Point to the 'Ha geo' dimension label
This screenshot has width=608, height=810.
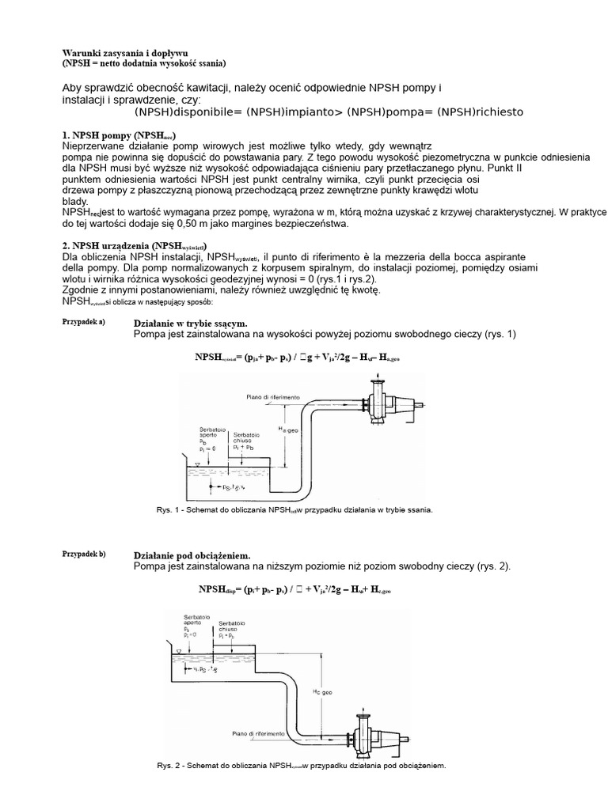point(288,428)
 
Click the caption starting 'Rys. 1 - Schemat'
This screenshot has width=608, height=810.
point(294,511)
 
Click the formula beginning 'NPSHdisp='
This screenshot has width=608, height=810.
point(294,590)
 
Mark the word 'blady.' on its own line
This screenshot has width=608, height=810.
point(75,202)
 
